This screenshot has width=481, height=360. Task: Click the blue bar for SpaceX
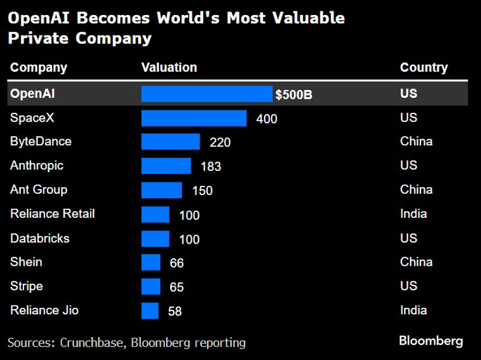coord(194,118)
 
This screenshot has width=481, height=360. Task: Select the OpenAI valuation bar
coord(207,94)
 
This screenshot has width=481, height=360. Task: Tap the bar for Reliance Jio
coord(150,311)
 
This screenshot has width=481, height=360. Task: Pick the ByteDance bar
coord(170,142)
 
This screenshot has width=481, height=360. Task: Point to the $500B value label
coord(294,95)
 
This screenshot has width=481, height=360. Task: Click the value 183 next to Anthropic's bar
coord(211,167)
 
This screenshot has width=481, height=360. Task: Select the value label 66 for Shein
coord(176,263)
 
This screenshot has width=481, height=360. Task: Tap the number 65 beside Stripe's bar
coord(176,287)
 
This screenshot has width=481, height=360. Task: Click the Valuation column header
coord(169,68)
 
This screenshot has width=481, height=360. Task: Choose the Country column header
coord(423,68)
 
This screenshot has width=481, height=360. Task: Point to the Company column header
coord(38,68)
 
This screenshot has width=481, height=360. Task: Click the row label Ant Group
coord(38,190)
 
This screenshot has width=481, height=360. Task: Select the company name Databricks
coord(40,238)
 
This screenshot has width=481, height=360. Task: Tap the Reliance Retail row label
coord(52,214)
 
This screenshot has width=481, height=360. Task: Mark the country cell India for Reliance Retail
coord(413,214)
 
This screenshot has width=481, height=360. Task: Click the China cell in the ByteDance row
coord(416,142)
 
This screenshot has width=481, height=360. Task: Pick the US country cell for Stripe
coord(408,286)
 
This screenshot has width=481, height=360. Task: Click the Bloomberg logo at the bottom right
coord(431,341)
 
